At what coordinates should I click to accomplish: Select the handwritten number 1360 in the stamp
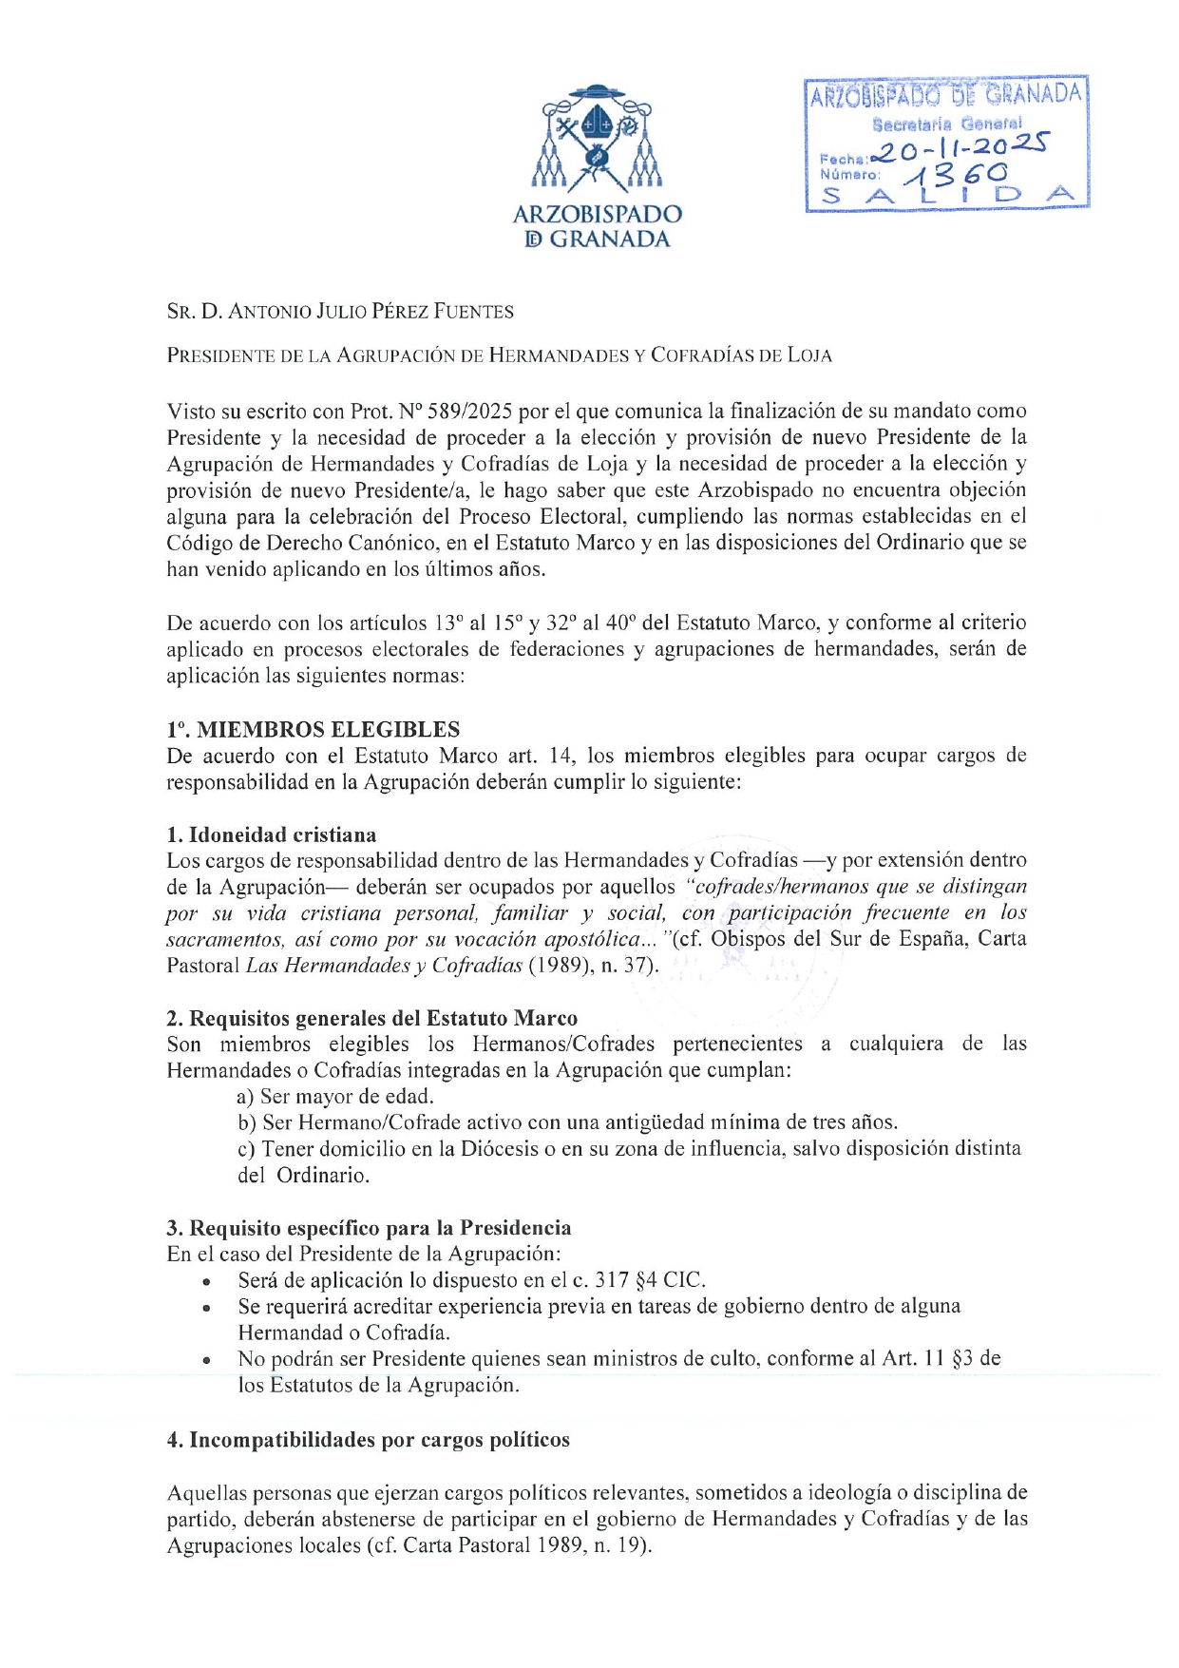point(956,174)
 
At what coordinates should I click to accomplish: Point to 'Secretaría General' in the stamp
point(947,124)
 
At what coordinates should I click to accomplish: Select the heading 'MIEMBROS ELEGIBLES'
point(328,730)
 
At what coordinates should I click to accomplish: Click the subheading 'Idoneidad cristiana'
point(282,834)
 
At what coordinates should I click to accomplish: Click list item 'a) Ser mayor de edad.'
point(335,1096)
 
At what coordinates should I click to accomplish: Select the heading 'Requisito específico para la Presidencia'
point(380,1227)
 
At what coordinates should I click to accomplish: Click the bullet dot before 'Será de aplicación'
point(206,1282)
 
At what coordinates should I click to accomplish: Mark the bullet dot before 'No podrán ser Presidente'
point(206,1361)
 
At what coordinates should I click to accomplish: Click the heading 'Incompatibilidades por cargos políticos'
point(379,1440)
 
